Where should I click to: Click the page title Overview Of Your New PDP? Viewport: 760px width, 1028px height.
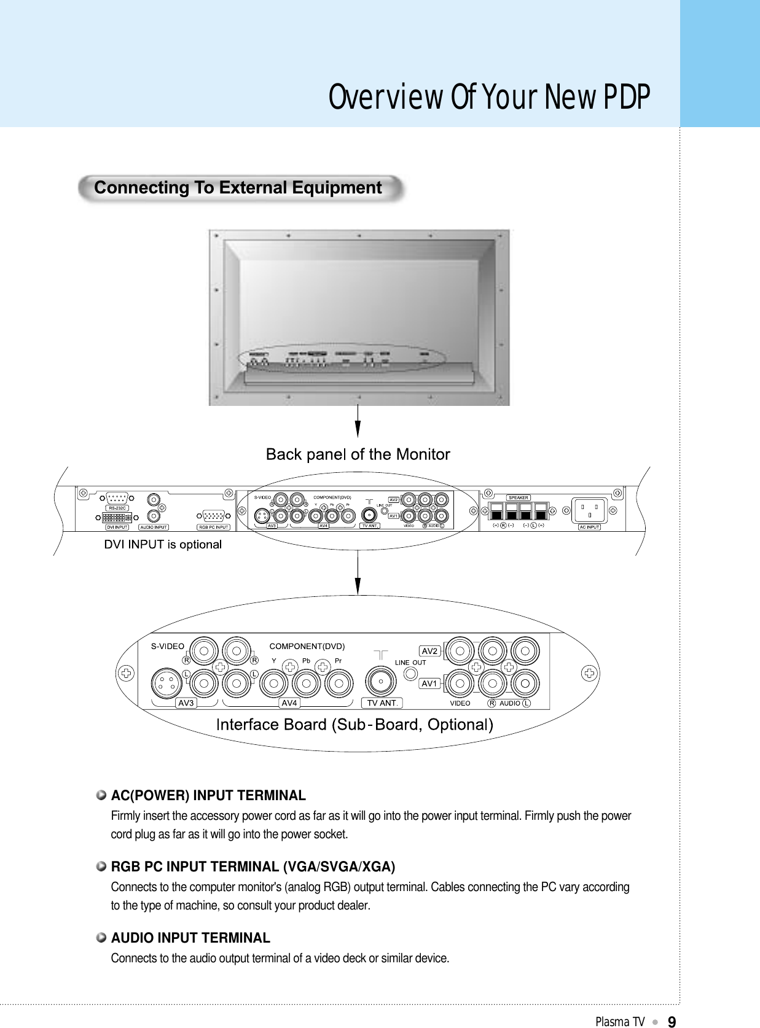coord(489,97)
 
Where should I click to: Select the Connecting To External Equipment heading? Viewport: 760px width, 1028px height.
coord(238,188)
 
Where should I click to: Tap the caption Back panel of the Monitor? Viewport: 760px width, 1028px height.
coord(358,454)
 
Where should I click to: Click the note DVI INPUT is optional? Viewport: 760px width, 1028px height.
coord(163,545)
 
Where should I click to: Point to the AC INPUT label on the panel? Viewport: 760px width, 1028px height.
coord(589,527)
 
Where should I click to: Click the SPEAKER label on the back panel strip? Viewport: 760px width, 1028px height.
coord(518,497)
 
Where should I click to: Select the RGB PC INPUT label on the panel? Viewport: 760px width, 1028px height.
coord(213,527)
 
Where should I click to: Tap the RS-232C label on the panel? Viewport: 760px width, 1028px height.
coord(117,508)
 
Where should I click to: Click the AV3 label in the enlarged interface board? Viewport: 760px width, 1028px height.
coord(186,703)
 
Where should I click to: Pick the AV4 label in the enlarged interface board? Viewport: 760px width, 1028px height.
coord(289,703)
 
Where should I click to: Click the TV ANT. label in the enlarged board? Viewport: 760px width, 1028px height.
coord(382,703)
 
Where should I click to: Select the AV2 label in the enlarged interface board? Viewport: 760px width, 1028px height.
coord(429,651)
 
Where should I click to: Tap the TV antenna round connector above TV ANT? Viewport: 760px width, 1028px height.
coord(381,681)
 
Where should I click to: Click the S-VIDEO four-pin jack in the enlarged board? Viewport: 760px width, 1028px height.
coord(166,683)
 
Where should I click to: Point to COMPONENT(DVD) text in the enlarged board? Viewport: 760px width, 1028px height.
coord(307,646)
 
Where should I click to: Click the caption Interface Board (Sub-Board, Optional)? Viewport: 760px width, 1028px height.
coord(355,725)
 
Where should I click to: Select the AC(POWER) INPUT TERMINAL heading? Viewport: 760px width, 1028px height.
coord(208,796)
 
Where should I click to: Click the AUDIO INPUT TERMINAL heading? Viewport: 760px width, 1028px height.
coord(190,938)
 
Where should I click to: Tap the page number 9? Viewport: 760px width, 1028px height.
coord(672,1022)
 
